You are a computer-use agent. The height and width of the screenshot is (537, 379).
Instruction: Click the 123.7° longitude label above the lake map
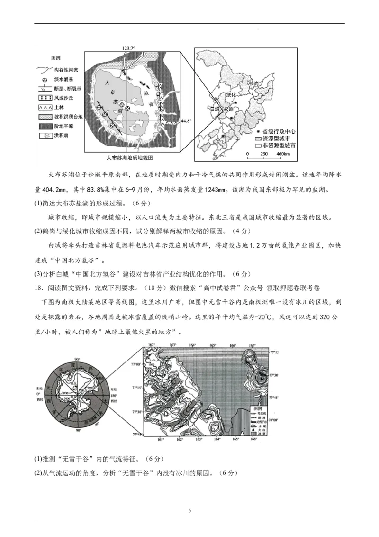click(x=129, y=48)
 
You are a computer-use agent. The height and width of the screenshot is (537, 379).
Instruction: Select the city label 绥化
click(x=231, y=95)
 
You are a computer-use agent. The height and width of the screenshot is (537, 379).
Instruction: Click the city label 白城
click(x=214, y=109)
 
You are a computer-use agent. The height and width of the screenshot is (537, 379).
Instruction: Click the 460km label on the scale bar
click(x=283, y=155)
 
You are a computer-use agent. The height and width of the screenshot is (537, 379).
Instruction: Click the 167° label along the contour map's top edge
click(x=253, y=345)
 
